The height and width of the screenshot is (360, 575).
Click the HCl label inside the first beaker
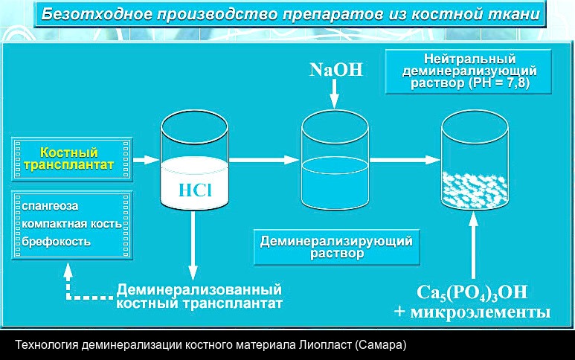click(195, 189)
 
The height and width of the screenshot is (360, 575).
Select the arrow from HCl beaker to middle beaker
click(264, 159)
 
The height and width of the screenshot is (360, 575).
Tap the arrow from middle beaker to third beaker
click(405, 159)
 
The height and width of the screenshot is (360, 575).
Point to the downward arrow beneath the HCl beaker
click(194, 245)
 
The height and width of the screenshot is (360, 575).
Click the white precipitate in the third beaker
click(473, 189)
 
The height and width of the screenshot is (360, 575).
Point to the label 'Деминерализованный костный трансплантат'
click(199, 297)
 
